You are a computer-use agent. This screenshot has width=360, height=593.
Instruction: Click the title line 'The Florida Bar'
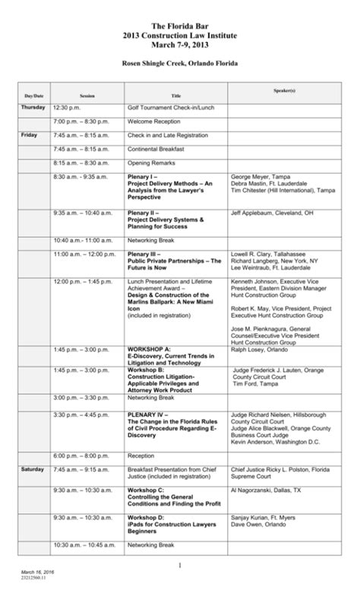(179, 24)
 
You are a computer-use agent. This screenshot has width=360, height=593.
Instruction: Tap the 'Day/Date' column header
(33, 96)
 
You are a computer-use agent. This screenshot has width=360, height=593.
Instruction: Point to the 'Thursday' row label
(33, 108)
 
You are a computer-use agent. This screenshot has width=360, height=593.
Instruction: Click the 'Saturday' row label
(33, 471)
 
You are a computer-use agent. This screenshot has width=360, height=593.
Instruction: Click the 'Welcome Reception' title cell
(154, 121)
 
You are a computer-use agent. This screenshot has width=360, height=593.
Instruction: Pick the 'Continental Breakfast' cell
(157, 149)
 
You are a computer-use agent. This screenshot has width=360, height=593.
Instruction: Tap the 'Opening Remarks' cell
(150, 162)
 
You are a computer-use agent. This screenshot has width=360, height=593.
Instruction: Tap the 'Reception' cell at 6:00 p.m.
(141, 456)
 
